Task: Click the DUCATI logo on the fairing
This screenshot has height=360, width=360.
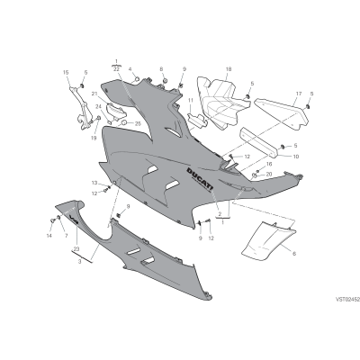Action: (200, 179)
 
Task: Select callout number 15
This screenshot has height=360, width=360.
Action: (66, 72)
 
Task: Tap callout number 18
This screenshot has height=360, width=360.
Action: (229, 69)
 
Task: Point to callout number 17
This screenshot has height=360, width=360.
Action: (299, 94)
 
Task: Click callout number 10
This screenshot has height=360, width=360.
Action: (296, 157)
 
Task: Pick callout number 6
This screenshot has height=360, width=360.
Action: (294, 254)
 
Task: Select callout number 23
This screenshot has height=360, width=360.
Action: (76, 249)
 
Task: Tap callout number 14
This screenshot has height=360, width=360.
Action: (49, 236)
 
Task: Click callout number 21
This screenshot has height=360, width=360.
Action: (94, 94)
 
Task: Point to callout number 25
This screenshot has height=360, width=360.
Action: (138, 123)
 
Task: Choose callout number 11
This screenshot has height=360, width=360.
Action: (190, 100)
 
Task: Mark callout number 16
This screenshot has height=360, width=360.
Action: (269, 164)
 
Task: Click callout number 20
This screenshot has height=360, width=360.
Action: (269, 174)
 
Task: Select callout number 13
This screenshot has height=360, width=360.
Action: (94, 183)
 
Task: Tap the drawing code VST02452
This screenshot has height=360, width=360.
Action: (347, 299)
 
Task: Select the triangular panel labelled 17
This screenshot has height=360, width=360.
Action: (282, 113)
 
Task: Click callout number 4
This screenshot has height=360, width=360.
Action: (130, 69)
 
